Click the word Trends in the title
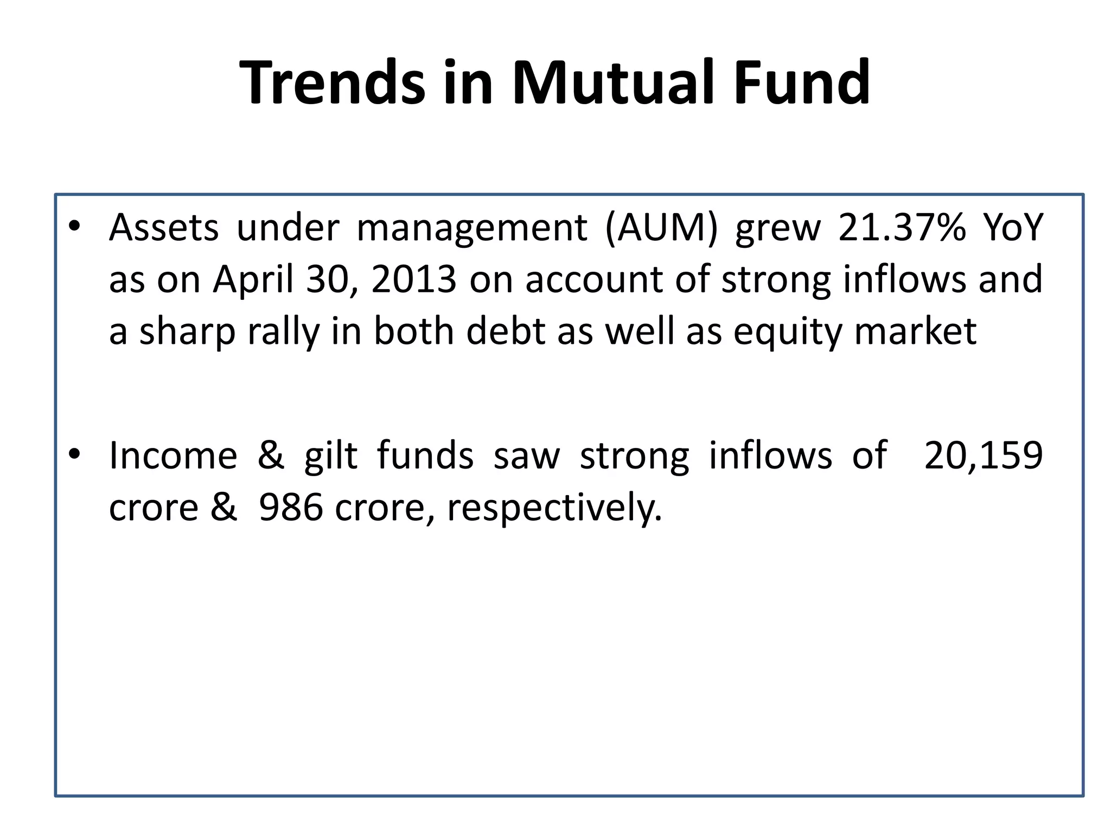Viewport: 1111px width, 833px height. [332, 82]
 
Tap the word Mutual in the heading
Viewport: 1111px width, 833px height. [613, 82]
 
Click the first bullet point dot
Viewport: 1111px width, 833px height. [74, 226]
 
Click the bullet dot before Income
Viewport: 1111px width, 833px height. [74, 453]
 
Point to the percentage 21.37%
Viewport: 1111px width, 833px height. [902, 227]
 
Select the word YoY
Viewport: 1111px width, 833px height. [1013, 227]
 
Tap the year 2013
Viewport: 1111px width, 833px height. [413, 279]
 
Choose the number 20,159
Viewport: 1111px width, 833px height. [983, 456]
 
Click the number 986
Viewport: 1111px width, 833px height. [291, 507]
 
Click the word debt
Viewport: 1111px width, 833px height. [506, 331]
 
